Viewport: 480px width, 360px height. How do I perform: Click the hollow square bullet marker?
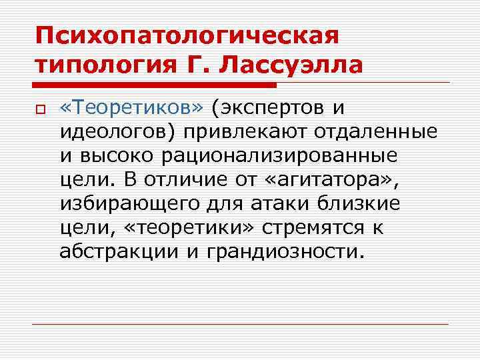coord(40,109)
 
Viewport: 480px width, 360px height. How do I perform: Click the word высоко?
coord(123,155)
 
